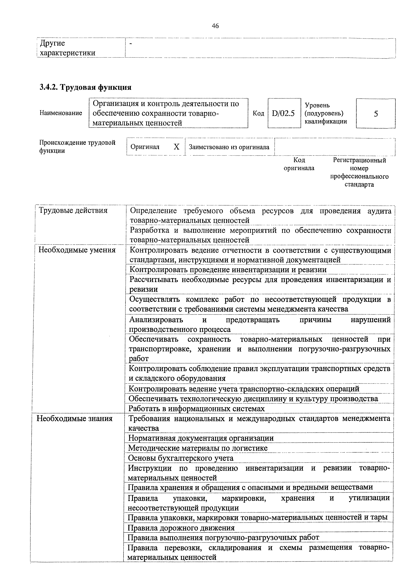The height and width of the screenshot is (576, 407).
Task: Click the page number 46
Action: point(215,26)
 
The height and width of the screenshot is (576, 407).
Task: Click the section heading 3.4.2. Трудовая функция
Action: point(86,87)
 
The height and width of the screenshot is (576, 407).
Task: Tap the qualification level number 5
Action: point(376,114)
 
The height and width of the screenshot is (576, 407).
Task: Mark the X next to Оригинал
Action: point(177,147)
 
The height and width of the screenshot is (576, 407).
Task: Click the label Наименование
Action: point(61,113)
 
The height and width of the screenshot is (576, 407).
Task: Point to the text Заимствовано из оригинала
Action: point(229,147)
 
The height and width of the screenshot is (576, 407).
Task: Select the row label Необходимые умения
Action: point(77,250)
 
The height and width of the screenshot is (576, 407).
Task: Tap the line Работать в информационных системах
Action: point(196,409)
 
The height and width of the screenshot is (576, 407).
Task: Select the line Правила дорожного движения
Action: point(181,528)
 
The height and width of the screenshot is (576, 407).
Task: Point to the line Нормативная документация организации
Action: point(201,438)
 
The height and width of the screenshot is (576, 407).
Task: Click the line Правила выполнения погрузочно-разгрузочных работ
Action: point(223,537)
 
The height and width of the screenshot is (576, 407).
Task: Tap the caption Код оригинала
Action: point(299,164)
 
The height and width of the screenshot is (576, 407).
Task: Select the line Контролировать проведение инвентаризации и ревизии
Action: point(228,270)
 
